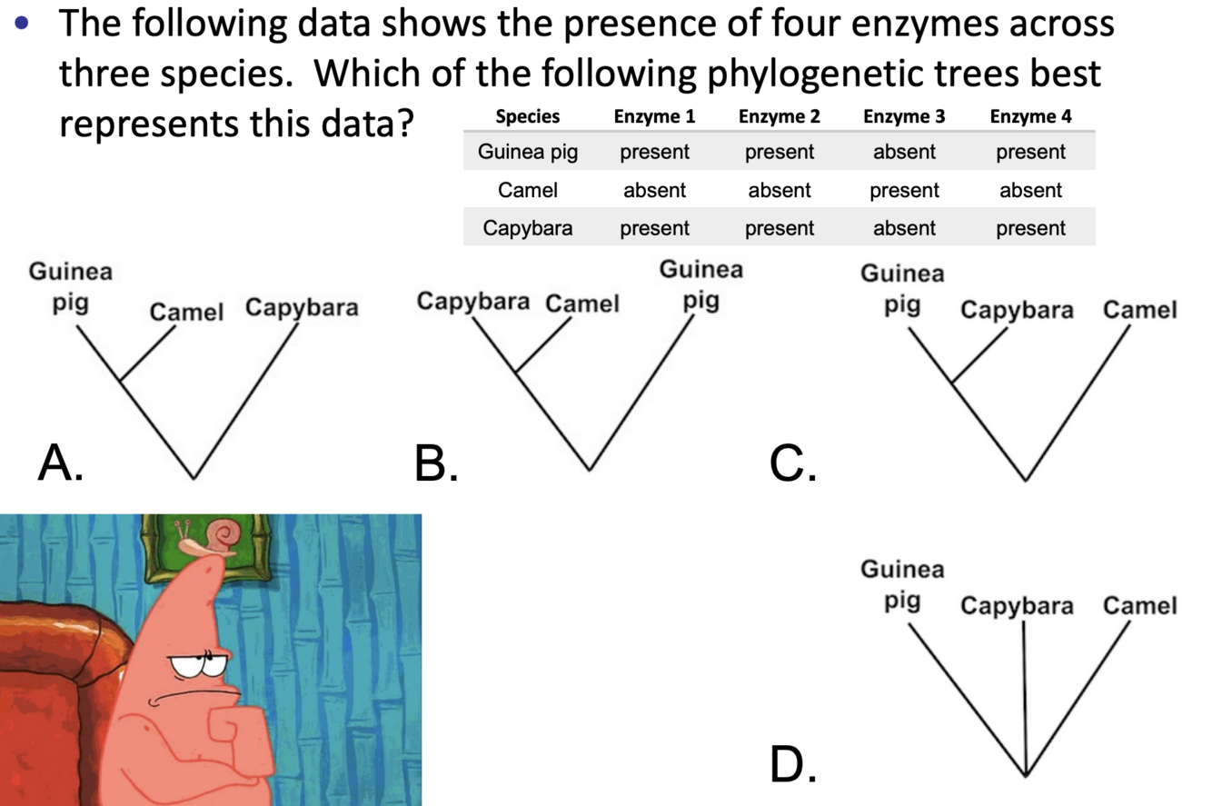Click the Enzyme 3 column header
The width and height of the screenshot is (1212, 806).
tap(904, 116)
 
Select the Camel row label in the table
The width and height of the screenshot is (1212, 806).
tap(528, 191)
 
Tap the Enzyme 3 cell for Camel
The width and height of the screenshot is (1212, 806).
tap(904, 191)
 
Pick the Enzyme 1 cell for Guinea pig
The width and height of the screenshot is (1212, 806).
tap(654, 153)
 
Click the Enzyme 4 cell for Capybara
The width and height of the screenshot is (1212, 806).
tap(1030, 228)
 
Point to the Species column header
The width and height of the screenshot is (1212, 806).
tap(528, 116)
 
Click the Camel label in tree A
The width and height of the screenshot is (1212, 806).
tap(186, 313)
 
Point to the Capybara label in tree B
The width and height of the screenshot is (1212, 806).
tap(472, 302)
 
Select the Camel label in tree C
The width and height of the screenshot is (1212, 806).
tap(1139, 311)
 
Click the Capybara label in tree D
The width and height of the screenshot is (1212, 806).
tap(1017, 606)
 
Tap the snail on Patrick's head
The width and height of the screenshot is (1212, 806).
tap(213, 539)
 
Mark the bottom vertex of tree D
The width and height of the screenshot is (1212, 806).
tap(1025, 775)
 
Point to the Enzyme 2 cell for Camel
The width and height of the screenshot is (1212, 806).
tap(779, 191)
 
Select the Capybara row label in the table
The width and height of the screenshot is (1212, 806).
tap(528, 228)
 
